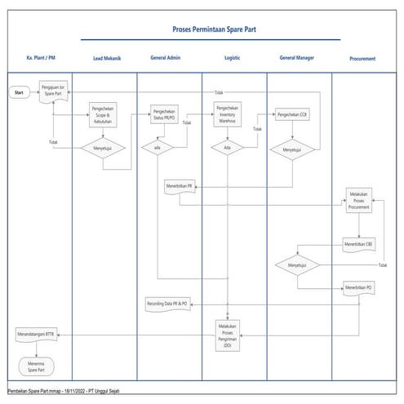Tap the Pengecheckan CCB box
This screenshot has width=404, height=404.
[x=291, y=114]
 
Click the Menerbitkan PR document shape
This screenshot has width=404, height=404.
[x=179, y=186]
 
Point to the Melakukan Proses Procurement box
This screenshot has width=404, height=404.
[x=359, y=202]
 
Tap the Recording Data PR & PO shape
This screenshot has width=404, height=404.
[x=167, y=304]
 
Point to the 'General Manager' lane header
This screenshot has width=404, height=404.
[x=296, y=59]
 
